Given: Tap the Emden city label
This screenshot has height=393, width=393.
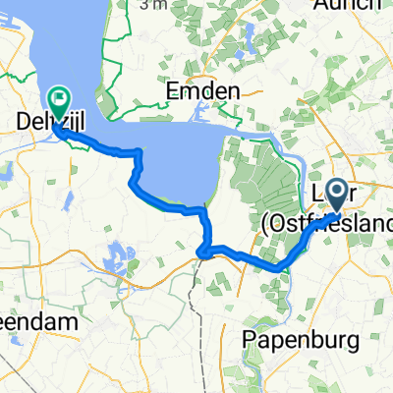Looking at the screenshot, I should click(x=205, y=91).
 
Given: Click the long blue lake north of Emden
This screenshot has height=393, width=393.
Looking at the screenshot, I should click(x=245, y=44).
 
